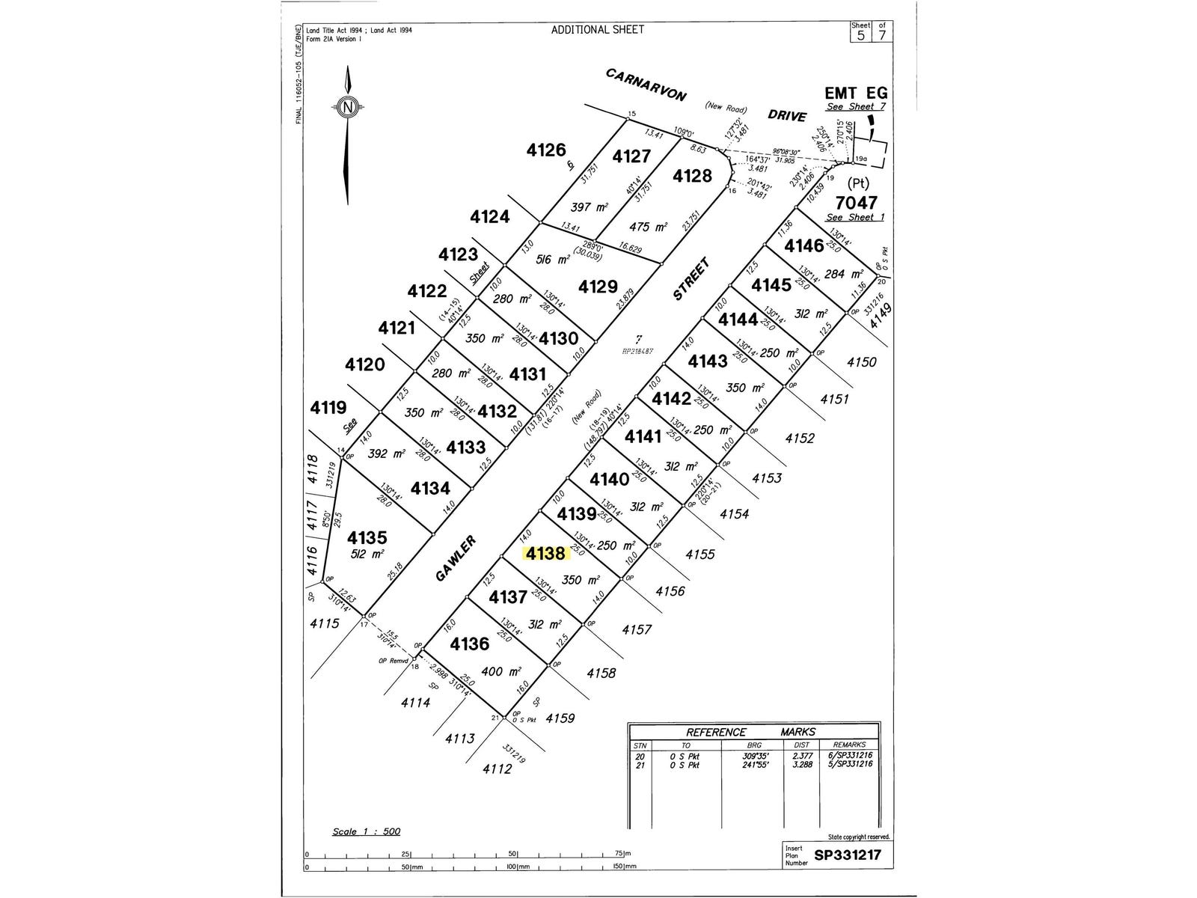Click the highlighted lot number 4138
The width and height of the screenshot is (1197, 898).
click(x=545, y=554)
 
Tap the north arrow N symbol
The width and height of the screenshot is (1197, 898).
click(x=347, y=107)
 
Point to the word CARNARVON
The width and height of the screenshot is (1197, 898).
click(x=646, y=85)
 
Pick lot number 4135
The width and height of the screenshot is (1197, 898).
click(x=367, y=537)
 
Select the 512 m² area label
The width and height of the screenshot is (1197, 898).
click(x=367, y=555)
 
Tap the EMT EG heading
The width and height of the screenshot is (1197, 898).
click(x=856, y=93)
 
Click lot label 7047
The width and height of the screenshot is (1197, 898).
click(x=857, y=202)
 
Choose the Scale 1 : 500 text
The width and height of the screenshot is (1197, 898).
click(x=367, y=832)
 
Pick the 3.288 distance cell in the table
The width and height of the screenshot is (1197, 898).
click(x=801, y=763)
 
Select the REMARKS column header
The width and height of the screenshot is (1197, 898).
click(x=848, y=745)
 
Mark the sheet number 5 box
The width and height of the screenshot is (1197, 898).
click(x=862, y=34)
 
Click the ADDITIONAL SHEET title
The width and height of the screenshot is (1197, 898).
click(x=597, y=30)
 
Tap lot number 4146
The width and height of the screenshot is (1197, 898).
click(x=804, y=245)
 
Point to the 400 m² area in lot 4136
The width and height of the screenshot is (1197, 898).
click(x=492, y=672)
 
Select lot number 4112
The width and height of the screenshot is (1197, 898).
click(x=498, y=769)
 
